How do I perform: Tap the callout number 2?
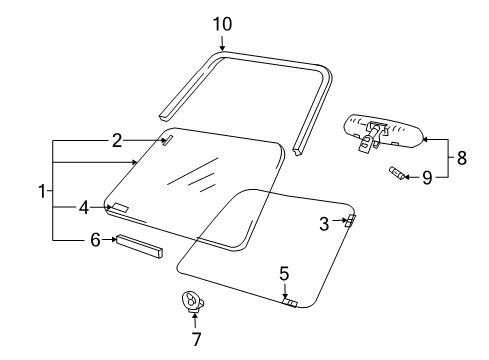tap(117, 141)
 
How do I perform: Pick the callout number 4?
tap(85, 208)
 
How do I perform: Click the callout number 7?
tap(196, 338)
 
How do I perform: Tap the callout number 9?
tap(427, 177)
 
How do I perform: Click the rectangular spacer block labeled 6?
tap(139, 245)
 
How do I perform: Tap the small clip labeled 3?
tap(349, 221)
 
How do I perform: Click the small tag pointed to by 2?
tap(167, 141)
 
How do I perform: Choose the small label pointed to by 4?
tap(120, 208)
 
